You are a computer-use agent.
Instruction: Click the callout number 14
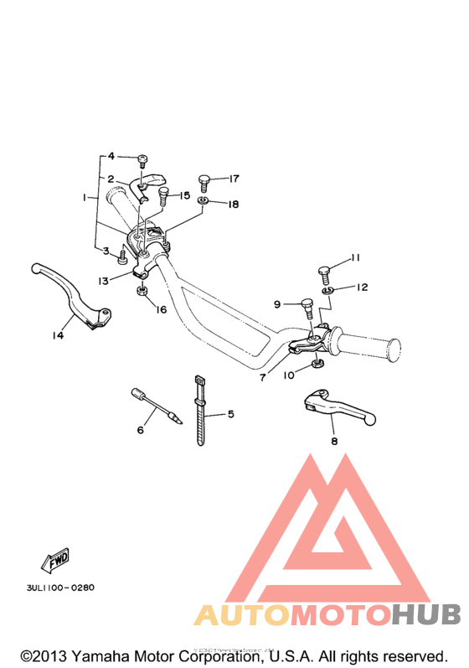(58, 336)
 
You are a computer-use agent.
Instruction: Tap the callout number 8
(333, 441)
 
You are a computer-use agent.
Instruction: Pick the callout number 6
(141, 430)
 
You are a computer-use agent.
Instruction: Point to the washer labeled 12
(327, 289)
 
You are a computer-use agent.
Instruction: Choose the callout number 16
(161, 309)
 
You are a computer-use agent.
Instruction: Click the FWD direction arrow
(55, 558)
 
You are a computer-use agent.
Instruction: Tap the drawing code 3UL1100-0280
(54, 588)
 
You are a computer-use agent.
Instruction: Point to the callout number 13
(103, 281)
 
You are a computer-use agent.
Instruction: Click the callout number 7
(262, 378)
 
